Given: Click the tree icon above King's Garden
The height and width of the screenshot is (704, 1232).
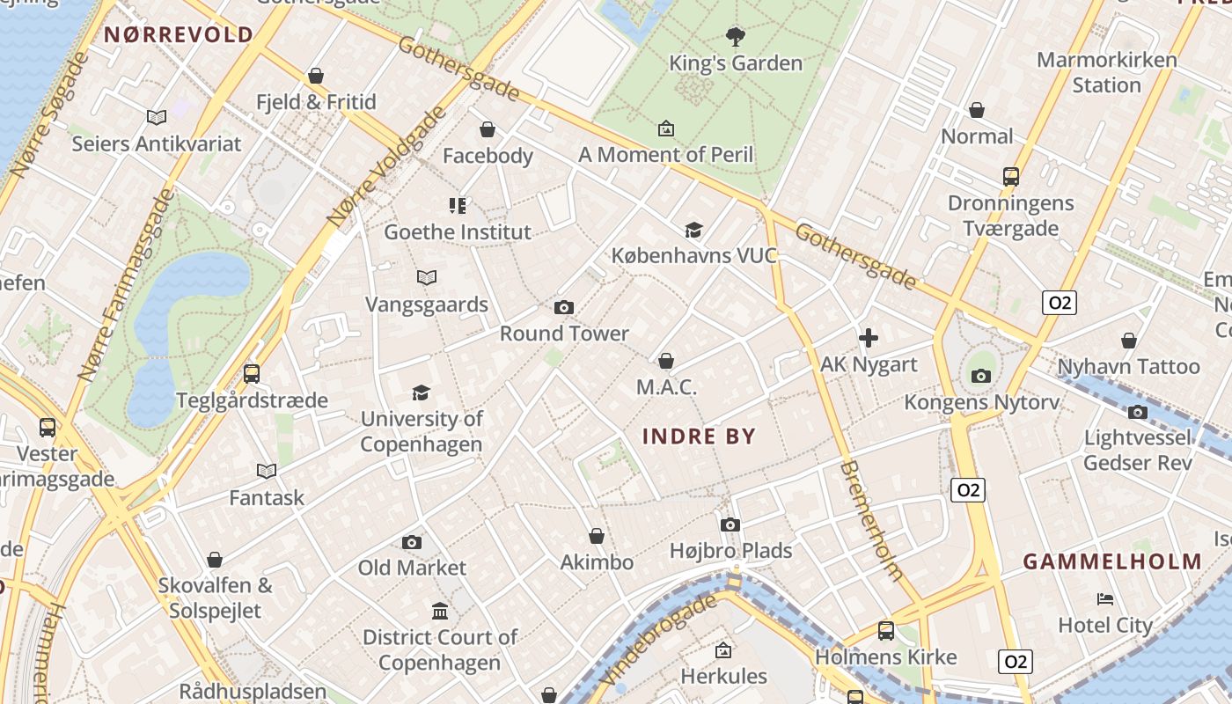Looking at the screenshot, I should (x=735, y=36).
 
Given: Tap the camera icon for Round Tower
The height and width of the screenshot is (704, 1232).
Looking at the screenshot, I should (x=564, y=307).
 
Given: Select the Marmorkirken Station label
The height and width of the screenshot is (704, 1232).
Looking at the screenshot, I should (x=1106, y=72).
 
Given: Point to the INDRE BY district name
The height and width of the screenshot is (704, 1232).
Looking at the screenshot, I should (x=700, y=436).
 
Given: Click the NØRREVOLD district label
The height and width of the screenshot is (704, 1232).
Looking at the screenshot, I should (x=179, y=35).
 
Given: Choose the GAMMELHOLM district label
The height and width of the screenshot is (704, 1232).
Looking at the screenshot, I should (x=1112, y=561).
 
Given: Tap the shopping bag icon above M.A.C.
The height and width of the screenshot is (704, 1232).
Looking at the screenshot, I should (x=666, y=361).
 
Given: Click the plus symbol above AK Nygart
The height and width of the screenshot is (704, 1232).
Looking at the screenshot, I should (x=869, y=338).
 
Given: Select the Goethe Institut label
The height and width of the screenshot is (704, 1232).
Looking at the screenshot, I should (x=458, y=232).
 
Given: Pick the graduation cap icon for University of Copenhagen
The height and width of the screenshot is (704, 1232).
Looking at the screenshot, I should (x=422, y=392).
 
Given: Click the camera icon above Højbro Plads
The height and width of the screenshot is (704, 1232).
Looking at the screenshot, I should (x=730, y=524).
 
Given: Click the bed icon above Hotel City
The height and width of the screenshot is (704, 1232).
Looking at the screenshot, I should (x=1105, y=599).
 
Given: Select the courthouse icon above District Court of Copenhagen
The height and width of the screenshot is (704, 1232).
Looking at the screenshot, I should (x=440, y=611).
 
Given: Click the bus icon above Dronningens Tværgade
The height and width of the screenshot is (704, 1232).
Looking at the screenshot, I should (x=1011, y=176).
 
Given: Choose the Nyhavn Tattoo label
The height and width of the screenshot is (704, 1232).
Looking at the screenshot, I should (x=1128, y=366).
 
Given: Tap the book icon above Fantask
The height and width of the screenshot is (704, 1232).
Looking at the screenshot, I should (x=267, y=471).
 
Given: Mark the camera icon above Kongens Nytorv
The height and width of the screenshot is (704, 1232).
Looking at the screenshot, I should (x=981, y=376).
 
